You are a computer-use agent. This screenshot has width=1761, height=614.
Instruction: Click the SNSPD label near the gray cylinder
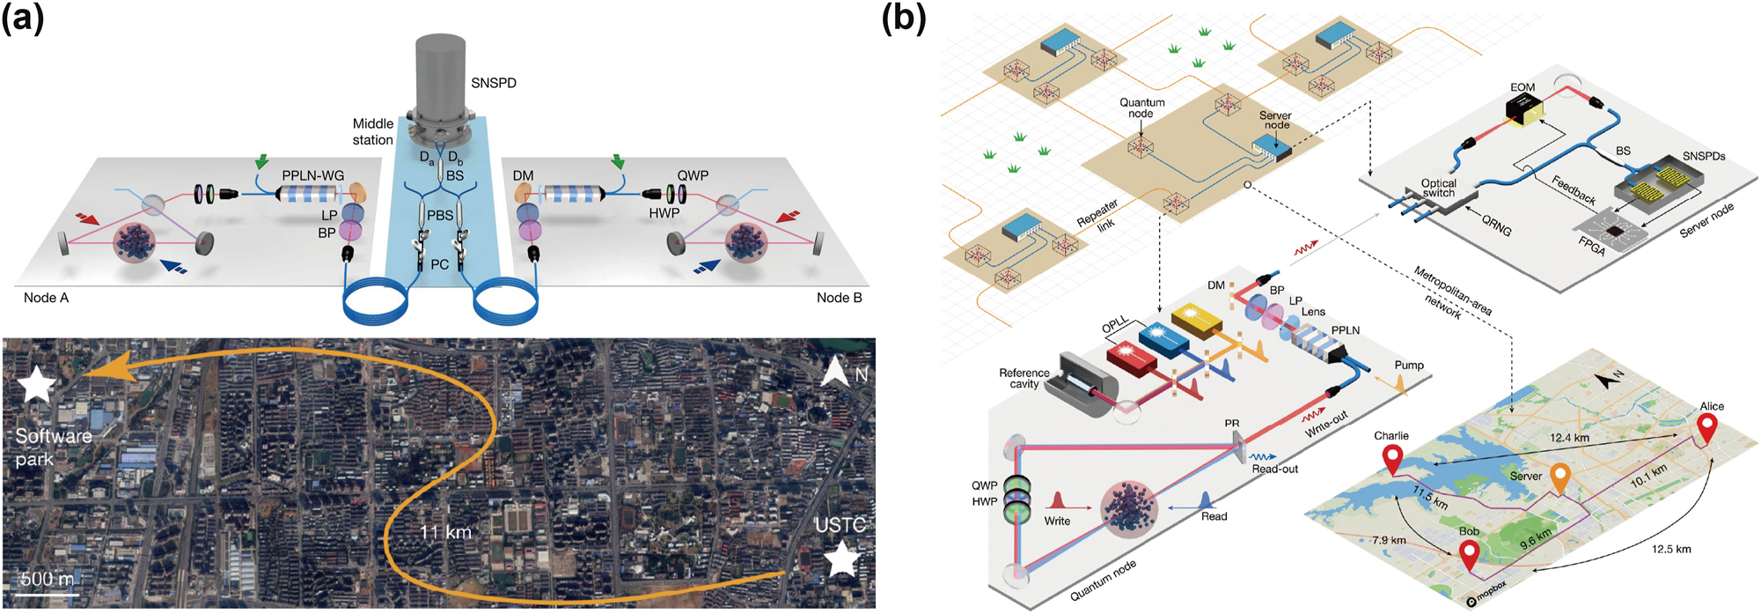(493, 83)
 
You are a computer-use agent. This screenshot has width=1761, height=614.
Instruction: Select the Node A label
(46, 298)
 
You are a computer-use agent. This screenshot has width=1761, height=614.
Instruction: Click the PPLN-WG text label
(312, 175)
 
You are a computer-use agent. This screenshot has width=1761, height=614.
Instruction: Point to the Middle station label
(373, 132)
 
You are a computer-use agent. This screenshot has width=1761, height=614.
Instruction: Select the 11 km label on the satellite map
(445, 532)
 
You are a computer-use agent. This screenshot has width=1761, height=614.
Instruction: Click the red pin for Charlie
(1392, 459)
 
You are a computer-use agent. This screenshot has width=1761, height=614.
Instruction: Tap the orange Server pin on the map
(1559, 478)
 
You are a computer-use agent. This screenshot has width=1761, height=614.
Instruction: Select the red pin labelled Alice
(1706, 428)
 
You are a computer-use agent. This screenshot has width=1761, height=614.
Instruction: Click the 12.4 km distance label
(1570, 438)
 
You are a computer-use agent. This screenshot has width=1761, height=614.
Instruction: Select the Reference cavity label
(1024, 378)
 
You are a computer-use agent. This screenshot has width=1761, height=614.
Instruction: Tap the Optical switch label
(1438, 188)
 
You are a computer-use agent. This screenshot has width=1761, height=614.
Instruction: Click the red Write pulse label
(1057, 521)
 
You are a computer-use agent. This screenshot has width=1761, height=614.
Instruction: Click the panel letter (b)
(904, 19)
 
